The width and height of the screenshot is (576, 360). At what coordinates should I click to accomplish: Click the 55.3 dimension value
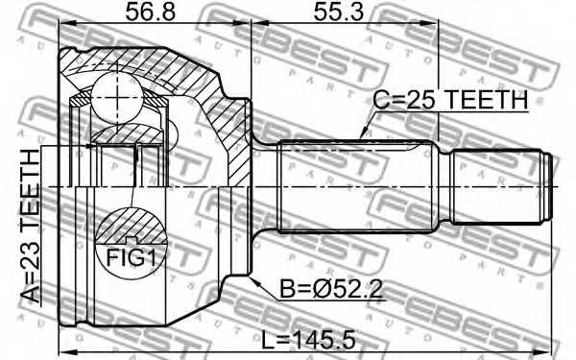click(341, 14)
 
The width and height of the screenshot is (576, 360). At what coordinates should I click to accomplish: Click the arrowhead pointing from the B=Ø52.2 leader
click(252, 278)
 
